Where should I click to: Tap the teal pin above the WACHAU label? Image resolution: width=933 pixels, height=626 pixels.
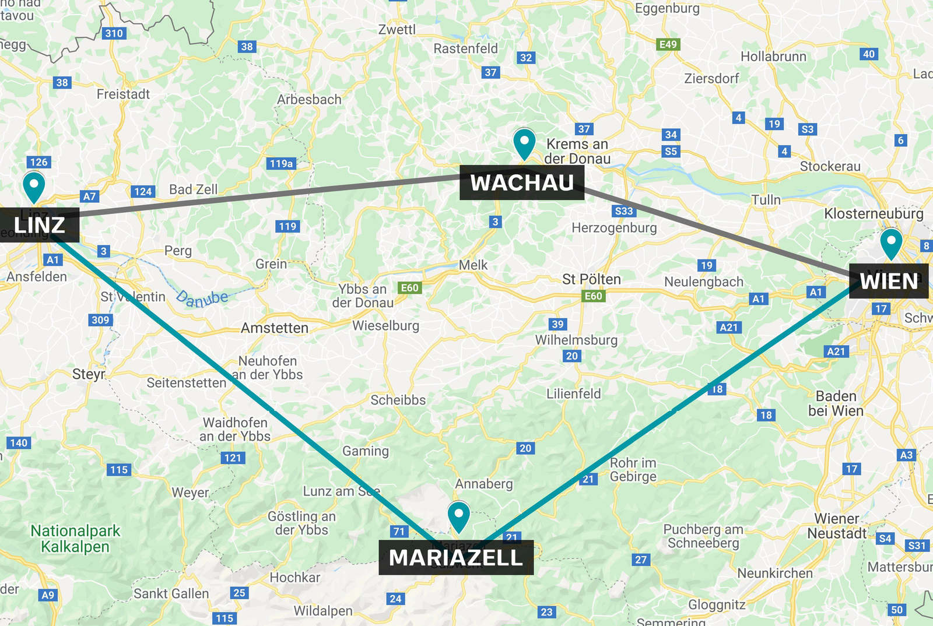(x=524, y=142)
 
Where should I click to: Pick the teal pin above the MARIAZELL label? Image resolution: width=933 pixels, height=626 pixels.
(x=459, y=515)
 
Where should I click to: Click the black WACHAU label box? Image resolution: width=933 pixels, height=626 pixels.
(x=522, y=183)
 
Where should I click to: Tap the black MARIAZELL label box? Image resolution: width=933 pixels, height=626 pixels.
(x=456, y=558)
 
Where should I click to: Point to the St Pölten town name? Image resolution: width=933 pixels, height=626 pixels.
(x=591, y=280)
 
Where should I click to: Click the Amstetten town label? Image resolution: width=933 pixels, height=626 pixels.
(x=275, y=328)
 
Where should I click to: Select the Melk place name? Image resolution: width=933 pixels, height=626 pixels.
(x=473, y=265)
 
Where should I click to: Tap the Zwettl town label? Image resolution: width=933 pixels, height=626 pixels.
(x=397, y=29)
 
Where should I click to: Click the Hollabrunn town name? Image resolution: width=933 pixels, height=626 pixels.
(x=773, y=57)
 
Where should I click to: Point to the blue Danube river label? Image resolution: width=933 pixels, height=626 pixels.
(x=202, y=298)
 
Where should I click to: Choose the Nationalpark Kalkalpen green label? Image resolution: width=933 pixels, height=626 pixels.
(x=75, y=539)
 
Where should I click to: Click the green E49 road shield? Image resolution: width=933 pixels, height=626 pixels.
(x=668, y=44)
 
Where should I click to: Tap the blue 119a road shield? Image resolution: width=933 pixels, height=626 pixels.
(x=281, y=164)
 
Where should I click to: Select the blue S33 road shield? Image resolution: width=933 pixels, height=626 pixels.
(x=623, y=211)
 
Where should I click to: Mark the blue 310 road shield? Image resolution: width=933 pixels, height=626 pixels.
(x=114, y=33)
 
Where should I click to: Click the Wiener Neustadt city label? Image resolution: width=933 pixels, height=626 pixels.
(x=837, y=526)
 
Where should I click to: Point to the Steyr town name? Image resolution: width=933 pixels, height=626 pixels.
(x=89, y=374)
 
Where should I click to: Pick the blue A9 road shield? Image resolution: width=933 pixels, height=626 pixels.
(x=48, y=595)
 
